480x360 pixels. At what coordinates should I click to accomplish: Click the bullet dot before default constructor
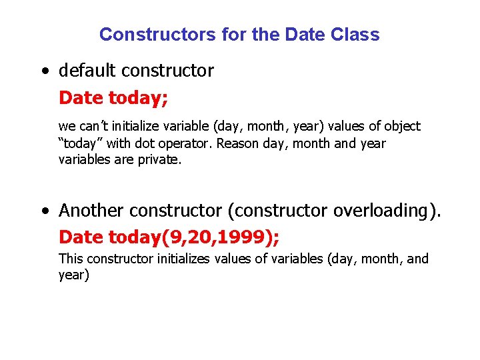[44, 71]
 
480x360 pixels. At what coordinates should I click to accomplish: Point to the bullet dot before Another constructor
[44, 212]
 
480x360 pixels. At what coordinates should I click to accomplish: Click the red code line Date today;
[113, 98]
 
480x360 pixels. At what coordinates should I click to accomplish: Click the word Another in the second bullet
[91, 211]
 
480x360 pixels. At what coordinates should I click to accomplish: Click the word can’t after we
[88, 126]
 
